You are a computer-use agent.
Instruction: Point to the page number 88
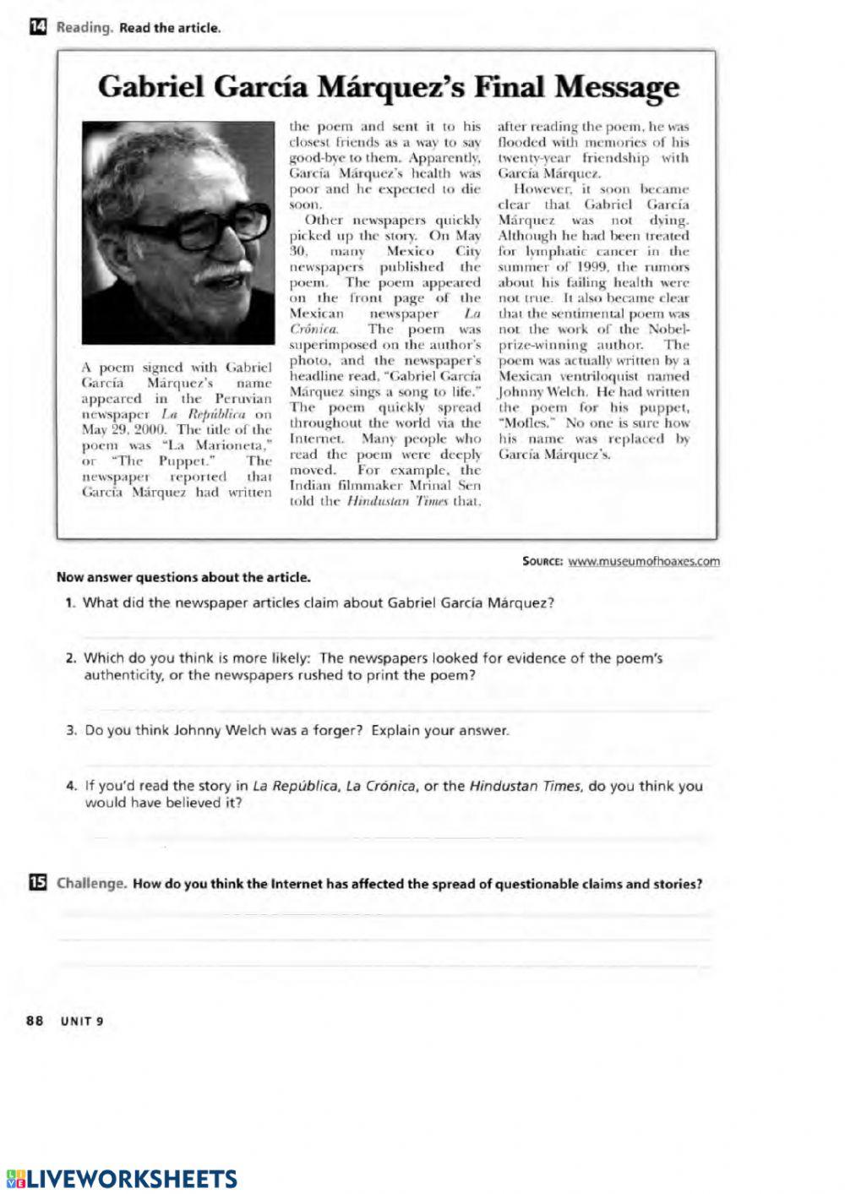35,1020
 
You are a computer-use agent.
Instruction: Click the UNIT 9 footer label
81,1020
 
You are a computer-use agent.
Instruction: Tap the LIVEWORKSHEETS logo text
132,1179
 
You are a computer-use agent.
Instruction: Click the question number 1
70,603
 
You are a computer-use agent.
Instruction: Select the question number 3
71,730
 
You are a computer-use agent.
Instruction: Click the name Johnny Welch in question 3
220,730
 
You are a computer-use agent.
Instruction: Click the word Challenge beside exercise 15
91,884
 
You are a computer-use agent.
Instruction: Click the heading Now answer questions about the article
183,578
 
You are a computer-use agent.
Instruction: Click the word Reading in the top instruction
84,28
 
